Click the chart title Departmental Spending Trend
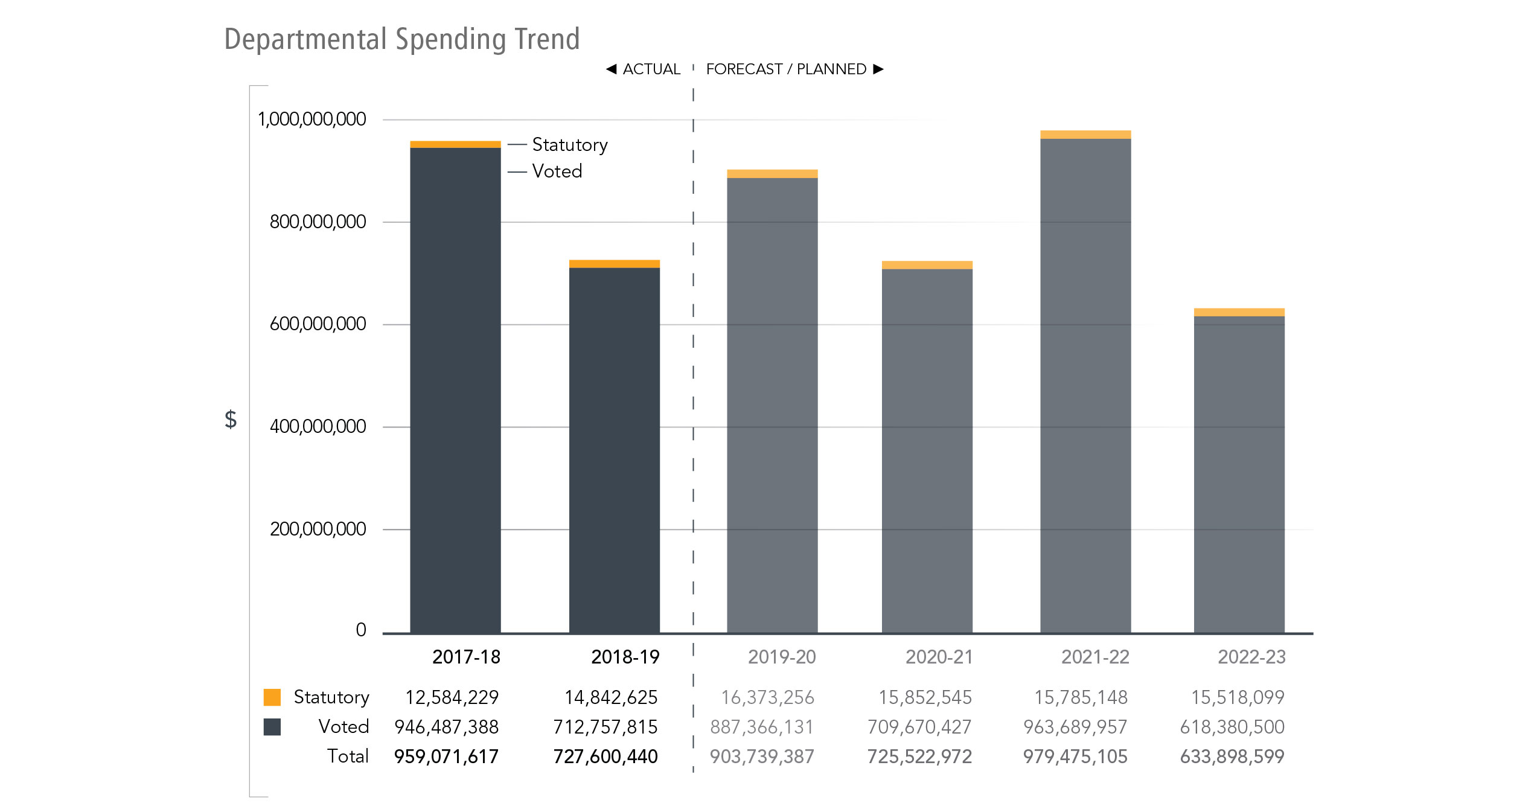click(401, 39)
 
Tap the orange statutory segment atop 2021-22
click(1085, 135)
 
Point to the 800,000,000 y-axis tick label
click(318, 222)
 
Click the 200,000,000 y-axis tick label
click(318, 529)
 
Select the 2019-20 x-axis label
click(781, 657)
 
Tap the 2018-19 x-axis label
click(625, 657)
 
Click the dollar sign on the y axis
click(231, 419)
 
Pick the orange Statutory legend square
click(272, 697)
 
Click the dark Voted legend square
click(272, 727)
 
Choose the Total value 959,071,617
click(446, 756)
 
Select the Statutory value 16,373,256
click(767, 698)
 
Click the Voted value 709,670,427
click(919, 727)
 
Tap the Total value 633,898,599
click(1232, 756)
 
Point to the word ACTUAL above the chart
click(651, 69)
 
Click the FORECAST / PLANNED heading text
click(786, 69)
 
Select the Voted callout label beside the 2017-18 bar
click(557, 171)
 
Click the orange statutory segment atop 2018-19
click(614, 264)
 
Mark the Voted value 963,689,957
click(1075, 727)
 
